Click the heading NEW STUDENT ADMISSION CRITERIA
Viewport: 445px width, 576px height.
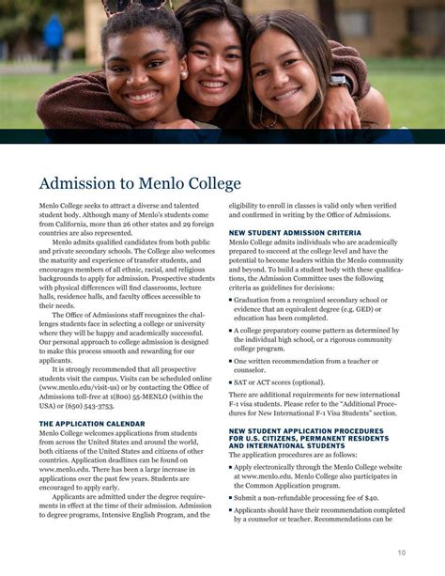point(296,232)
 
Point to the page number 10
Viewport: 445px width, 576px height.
point(402,553)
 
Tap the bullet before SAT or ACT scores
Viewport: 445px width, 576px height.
point(231,382)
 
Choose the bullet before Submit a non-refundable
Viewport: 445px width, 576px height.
point(231,498)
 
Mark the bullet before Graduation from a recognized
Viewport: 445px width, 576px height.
point(231,299)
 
